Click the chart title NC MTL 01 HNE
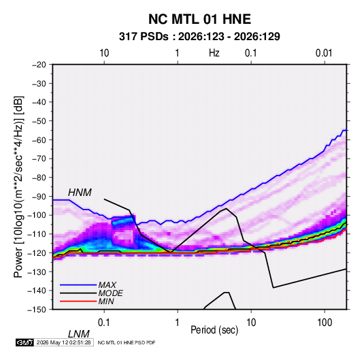[x=199, y=19]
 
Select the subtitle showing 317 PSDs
[x=199, y=37]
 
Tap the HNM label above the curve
[x=80, y=193]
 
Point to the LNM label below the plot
[x=79, y=334]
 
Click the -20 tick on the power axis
[x=39, y=65]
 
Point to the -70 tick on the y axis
[x=39, y=159]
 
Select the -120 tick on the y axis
[x=37, y=253]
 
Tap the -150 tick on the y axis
[x=37, y=310]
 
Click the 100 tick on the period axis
[x=325, y=323]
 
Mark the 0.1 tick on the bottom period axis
[x=104, y=323]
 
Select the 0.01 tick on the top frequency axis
[x=324, y=53]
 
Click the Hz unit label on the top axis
[x=214, y=53]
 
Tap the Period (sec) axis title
[x=214, y=330]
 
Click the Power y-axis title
[x=18, y=186]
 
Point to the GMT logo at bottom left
[x=25, y=342]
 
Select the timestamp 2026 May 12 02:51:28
[x=64, y=342]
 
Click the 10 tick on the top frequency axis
[x=104, y=53]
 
